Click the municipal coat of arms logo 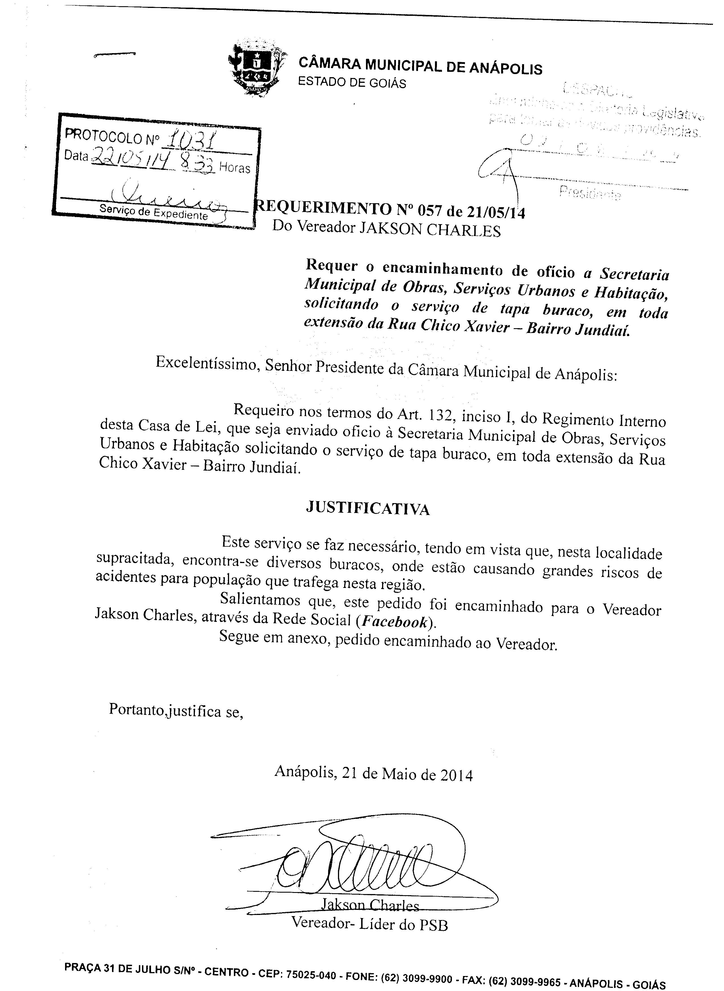click(x=257, y=68)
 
